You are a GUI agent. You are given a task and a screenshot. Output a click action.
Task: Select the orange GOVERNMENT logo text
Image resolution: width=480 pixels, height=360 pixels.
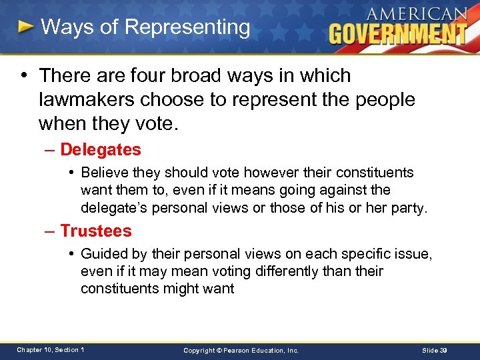pyautogui.click(x=397, y=33)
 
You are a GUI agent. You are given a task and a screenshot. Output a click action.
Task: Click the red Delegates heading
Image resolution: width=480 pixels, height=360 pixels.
pyautogui.click(x=101, y=150)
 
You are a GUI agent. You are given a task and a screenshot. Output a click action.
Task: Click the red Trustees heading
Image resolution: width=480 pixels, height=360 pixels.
pyautogui.click(x=96, y=231)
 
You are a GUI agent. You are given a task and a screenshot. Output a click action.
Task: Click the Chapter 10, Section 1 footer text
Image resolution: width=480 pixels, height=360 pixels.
pyautogui.click(x=51, y=350)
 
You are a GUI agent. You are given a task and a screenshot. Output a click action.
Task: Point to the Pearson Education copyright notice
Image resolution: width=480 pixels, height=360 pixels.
pyautogui.click(x=241, y=350)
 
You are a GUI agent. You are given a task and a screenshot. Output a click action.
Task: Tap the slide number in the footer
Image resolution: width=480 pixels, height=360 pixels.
pyautogui.click(x=437, y=350)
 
